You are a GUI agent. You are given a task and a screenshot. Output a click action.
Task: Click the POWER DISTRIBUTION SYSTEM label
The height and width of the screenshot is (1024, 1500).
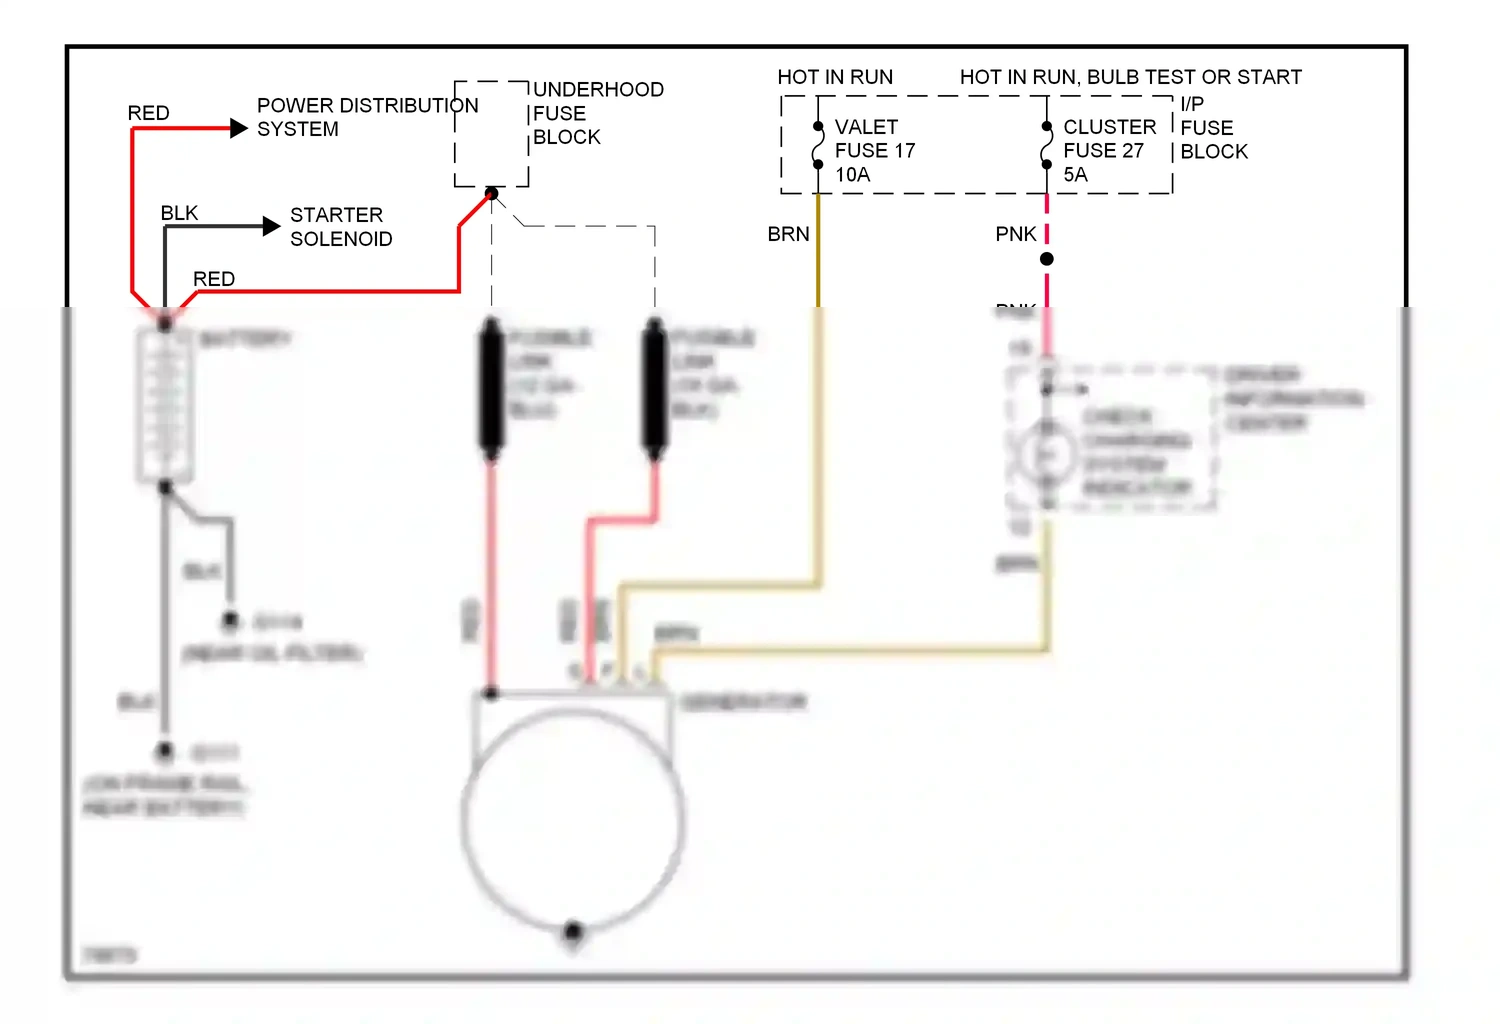[367, 117]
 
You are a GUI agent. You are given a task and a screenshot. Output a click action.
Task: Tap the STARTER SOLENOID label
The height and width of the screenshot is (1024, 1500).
[341, 227]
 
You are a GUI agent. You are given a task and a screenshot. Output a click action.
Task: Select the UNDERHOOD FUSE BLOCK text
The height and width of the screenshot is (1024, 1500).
[598, 113]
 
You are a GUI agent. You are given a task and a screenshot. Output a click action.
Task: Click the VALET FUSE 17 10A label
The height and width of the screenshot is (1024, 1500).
[874, 150]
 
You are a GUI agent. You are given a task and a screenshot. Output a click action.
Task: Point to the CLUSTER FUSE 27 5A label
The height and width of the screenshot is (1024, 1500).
[1108, 150]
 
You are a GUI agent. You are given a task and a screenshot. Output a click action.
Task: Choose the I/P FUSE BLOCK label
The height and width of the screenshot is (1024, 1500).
[1213, 128]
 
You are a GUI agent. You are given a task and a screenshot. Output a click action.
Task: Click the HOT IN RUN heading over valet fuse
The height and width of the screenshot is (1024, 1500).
[835, 77]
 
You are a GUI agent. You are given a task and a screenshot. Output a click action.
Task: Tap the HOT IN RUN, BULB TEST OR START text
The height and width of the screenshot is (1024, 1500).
[1130, 77]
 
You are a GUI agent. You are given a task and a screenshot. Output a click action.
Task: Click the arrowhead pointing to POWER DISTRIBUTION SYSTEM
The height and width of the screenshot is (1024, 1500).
[239, 128]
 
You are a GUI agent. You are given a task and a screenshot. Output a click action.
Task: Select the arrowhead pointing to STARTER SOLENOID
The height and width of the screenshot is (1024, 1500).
[271, 226]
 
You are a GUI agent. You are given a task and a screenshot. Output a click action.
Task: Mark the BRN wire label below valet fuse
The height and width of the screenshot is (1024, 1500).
[788, 234]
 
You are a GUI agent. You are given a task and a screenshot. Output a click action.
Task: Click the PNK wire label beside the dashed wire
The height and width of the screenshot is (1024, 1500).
[1016, 234]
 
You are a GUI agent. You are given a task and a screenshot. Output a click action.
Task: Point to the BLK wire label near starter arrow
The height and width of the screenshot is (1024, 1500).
[179, 213]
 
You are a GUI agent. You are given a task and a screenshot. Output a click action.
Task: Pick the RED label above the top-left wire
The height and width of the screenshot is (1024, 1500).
[148, 113]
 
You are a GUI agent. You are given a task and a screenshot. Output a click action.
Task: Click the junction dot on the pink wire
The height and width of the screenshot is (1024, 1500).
[1047, 259]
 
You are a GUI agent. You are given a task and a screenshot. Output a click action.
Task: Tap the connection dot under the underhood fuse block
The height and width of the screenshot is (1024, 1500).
[492, 193]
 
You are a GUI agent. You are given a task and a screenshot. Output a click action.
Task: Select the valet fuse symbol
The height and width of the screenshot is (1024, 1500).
[818, 146]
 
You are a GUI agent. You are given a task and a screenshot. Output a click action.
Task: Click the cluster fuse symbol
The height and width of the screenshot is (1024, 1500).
[1047, 146]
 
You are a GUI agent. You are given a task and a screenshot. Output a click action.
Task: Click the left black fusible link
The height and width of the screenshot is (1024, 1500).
[491, 388]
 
